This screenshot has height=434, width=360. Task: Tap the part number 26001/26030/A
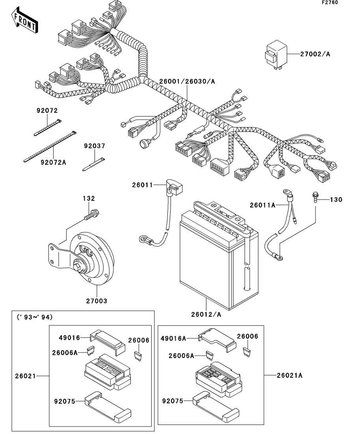pyautogui.click(x=187, y=81)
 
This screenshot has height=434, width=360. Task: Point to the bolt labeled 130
pyautogui.click(x=315, y=196)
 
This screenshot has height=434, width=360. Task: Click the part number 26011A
pyautogui.click(x=263, y=205)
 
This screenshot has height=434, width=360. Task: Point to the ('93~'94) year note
pyautogui.click(x=35, y=317)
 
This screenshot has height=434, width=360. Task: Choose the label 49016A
pyautogui.click(x=173, y=338)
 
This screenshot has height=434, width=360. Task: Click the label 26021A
pyautogui.click(x=289, y=375)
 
